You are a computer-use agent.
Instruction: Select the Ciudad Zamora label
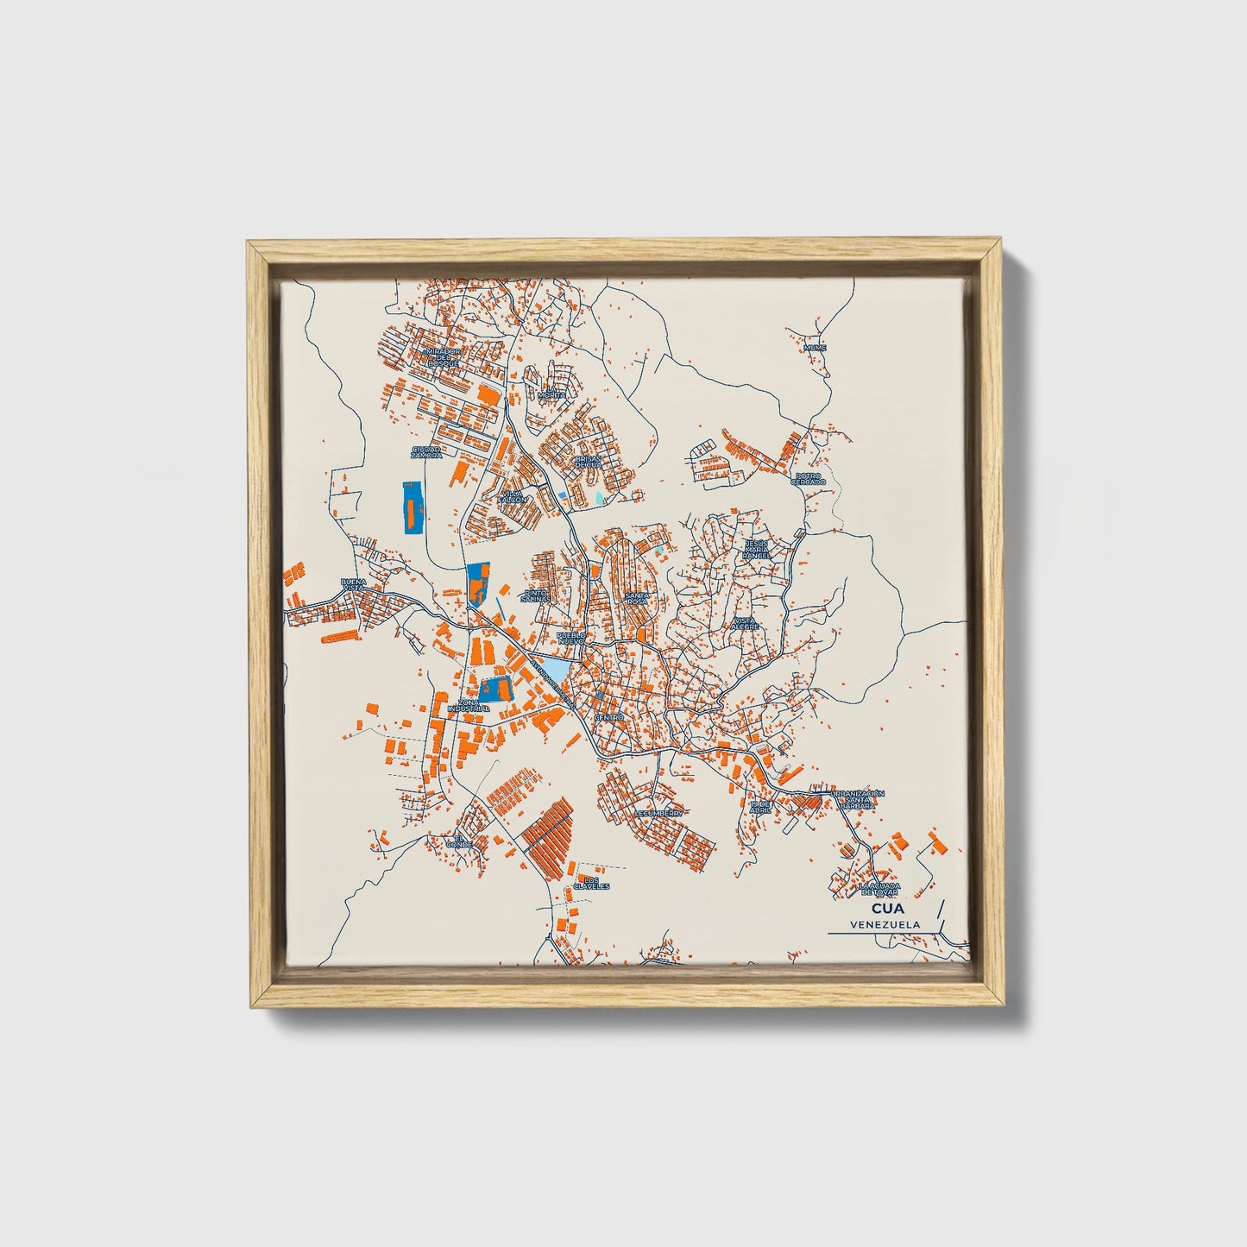(426, 451)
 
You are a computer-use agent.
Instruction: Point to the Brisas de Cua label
(587, 462)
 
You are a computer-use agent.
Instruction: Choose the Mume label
(815, 348)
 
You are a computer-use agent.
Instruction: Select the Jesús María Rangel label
(756, 549)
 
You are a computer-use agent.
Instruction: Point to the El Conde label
(459, 841)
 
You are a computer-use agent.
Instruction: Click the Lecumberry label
(658, 813)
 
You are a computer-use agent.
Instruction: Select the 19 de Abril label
(759, 807)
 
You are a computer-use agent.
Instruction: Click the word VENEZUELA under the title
(884, 924)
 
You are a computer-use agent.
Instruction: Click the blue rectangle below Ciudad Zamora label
(409, 507)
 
